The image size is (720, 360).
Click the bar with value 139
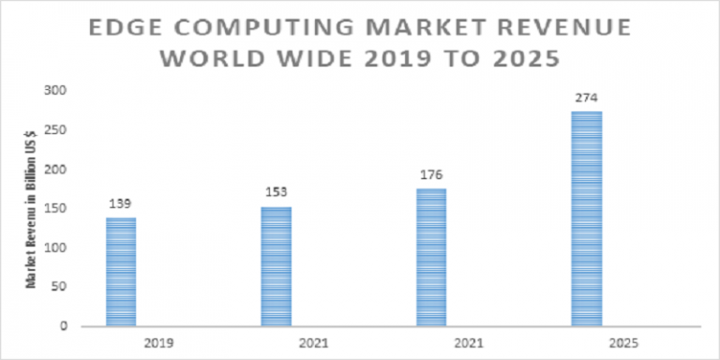pos(121,272)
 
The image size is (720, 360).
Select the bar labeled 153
pos(276,266)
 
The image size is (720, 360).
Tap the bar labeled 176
pos(431,257)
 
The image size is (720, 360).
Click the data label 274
pos(587,97)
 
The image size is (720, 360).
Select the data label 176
pos(431,174)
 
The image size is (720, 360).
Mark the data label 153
pos(277,192)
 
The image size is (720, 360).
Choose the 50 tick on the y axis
pos(58,288)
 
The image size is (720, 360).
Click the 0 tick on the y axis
pos(62,327)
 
